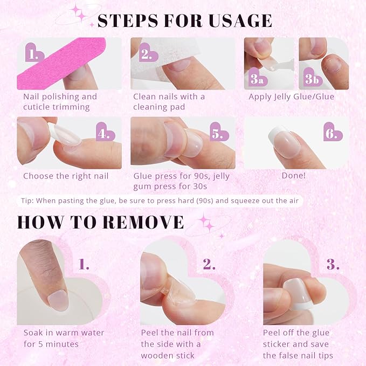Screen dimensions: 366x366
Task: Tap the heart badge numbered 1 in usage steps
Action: [x=34, y=54]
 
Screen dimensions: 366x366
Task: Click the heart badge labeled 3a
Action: [x=257, y=78]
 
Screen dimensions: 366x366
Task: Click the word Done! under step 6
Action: [x=294, y=176]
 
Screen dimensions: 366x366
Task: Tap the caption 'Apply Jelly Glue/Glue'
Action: [x=291, y=97]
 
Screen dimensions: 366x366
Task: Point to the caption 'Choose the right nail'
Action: [x=66, y=176]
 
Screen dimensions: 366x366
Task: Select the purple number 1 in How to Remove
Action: [x=84, y=264]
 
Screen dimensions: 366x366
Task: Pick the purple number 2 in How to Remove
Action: [x=209, y=264]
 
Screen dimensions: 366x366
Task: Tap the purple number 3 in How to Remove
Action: [x=333, y=264]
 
